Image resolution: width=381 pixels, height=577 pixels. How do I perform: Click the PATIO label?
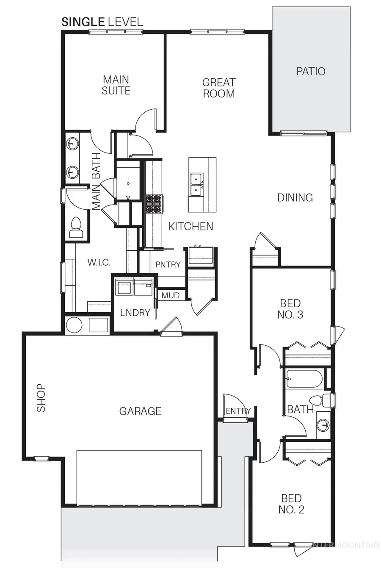(x=311, y=71)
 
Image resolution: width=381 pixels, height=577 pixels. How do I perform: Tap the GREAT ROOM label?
(x=218, y=88)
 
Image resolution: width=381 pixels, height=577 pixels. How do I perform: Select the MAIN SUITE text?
(x=116, y=85)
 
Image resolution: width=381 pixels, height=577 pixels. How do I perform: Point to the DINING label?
(x=295, y=197)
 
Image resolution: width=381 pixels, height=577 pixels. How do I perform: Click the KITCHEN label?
(x=190, y=226)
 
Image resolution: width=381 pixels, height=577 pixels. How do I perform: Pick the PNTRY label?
(x=168, y=264)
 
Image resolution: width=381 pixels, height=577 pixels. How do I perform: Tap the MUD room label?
(x=171, y=295)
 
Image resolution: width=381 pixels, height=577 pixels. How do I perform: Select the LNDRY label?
(x=135, y=313)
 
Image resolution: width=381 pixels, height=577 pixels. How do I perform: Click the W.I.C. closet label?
(x=99, y=263)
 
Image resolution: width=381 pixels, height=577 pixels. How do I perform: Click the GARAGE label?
(x=140, y=411)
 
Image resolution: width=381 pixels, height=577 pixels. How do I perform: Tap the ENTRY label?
(x=238, y=411)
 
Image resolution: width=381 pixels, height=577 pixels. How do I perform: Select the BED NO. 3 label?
(x=290, y=309)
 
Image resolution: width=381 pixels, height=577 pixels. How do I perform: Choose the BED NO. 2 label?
(x=291, y=504)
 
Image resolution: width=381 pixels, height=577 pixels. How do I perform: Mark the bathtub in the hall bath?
(x=304, y=379)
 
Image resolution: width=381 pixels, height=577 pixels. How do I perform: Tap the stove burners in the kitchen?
(x=154, y=203)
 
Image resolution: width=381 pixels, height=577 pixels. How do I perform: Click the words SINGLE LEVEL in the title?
(x=102, y=22)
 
